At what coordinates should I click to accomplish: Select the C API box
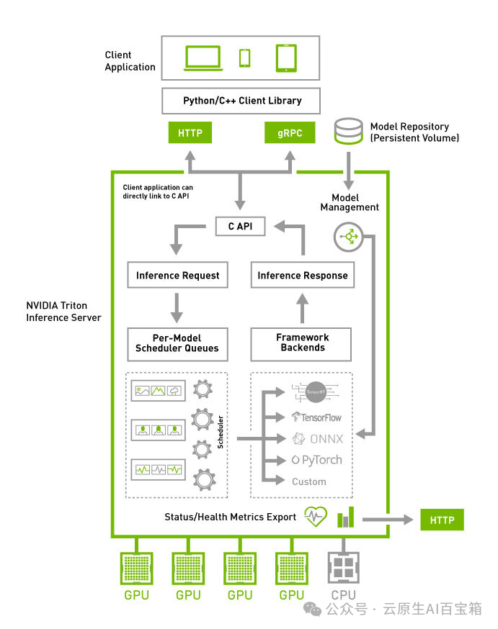coord(240,227)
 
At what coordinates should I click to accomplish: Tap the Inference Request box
coord(177,275)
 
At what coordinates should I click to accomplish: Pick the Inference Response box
coord(302,275)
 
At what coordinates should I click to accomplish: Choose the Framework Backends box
coord(302,343)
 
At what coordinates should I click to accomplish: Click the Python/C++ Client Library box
coord(242,100)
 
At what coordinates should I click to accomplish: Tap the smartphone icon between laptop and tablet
coord(245,58)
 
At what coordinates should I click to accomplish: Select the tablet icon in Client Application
coord(285,58)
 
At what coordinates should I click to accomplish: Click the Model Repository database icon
coord(349,132)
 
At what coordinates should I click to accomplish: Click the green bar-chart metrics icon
coord(346,516)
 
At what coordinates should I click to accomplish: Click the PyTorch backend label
coord(317,460)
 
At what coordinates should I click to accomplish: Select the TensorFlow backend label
coord(316,417)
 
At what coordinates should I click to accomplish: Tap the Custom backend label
coord(308,481)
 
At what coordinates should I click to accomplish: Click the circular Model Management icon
coord(349,237)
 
